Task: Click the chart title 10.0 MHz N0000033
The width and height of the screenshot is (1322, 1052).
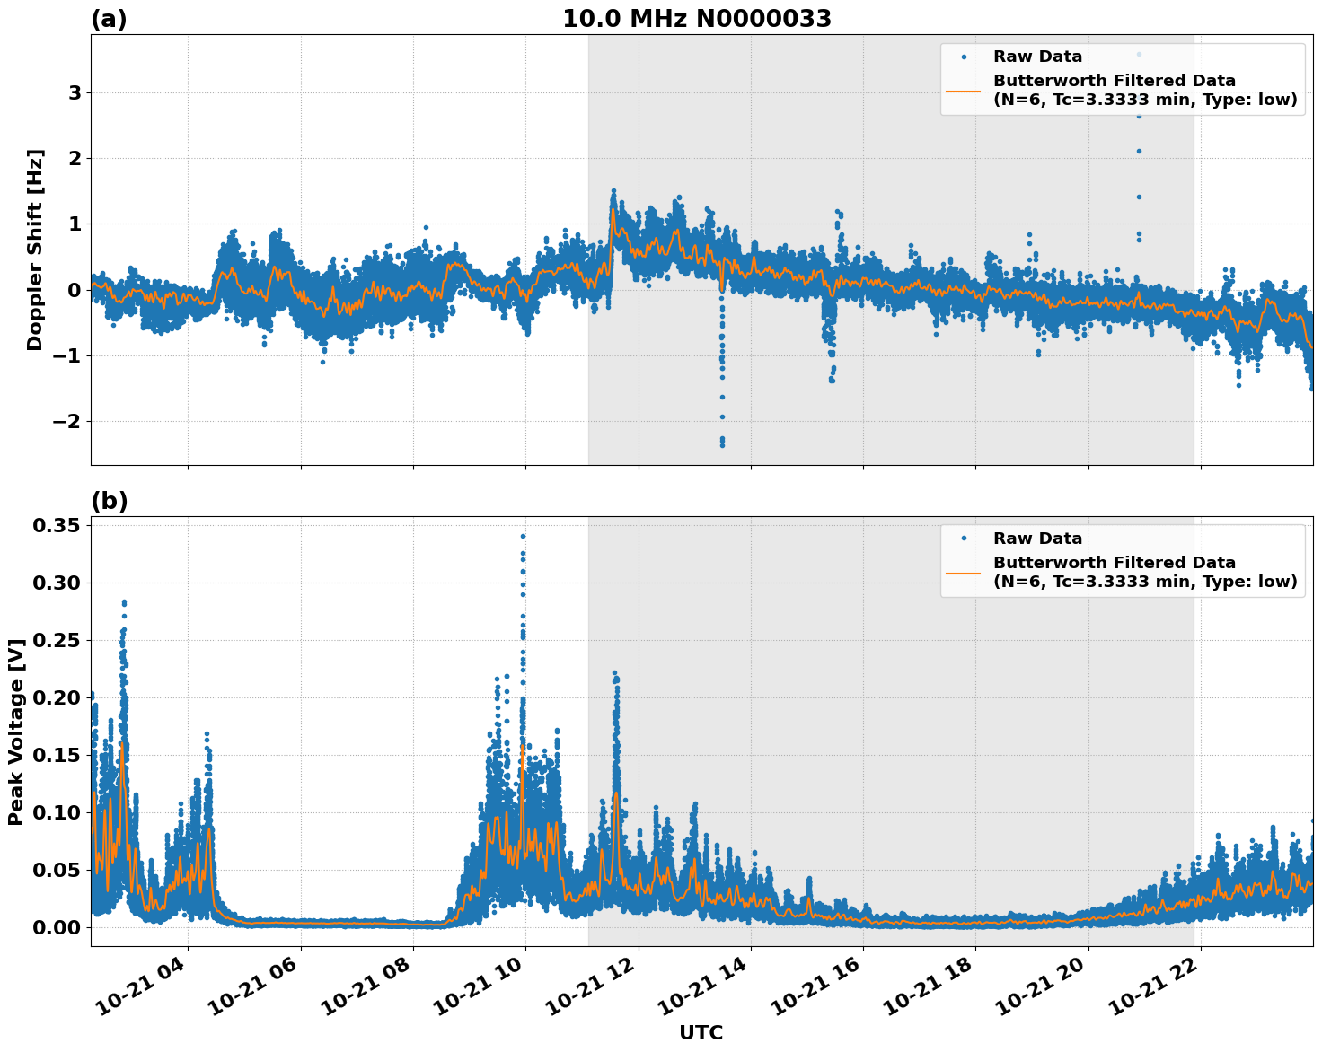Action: [697, 19]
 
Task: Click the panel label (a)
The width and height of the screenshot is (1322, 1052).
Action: [109, 19]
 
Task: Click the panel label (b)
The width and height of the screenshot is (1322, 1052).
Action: [109, 501]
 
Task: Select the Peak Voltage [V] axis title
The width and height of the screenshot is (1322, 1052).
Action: [15, 732]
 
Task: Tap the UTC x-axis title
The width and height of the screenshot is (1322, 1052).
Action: [701, 1032]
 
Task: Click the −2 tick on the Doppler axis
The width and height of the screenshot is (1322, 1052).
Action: [70, 422]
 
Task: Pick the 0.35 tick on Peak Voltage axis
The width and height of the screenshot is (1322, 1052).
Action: [57, 526]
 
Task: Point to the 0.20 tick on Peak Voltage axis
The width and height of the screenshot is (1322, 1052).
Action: [57, 698]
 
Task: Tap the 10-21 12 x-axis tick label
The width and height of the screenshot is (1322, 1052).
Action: [592, 992]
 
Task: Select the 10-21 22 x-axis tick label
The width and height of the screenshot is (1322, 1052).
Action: [1154, 992]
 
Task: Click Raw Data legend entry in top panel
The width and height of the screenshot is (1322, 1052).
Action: [1037, 57]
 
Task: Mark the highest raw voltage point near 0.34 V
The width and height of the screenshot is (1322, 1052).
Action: [523, 536]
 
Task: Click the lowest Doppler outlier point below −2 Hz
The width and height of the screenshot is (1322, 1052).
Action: [722, 444]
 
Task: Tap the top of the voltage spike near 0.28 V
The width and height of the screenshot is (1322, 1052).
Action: [124, 602]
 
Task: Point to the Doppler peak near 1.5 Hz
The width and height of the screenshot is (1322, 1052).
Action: [613, 191]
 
